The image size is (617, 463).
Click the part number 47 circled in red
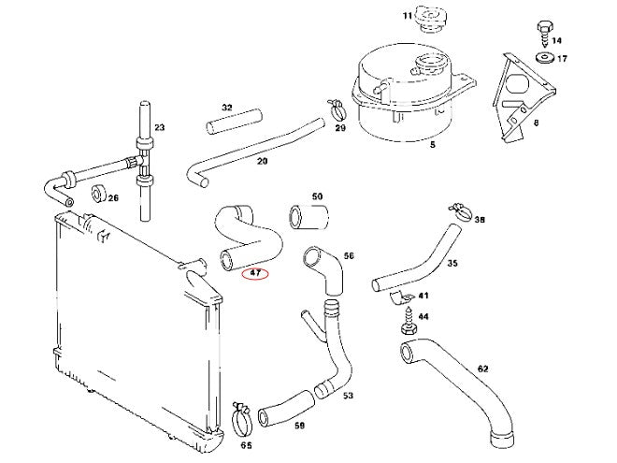254,274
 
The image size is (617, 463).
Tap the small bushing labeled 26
97,195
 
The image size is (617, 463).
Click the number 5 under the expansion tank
431,145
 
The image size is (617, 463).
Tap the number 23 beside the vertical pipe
159,128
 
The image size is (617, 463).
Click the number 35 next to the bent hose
452,264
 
